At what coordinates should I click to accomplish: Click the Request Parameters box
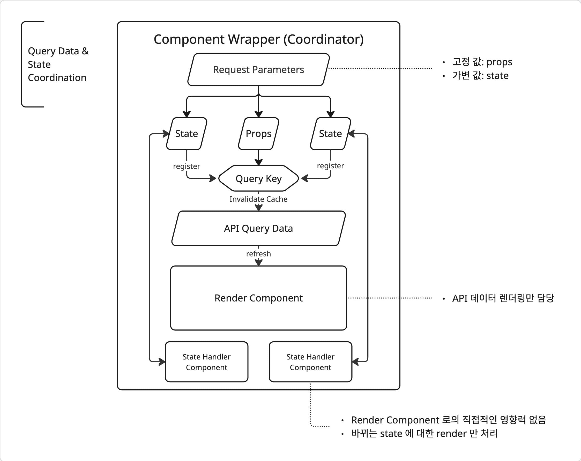coord(258,70)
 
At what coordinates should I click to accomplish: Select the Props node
coord(258,134)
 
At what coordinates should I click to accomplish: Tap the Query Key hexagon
coord(258,179)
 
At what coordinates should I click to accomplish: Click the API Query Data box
coord(258,228)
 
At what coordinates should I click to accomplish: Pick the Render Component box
coord(258,298)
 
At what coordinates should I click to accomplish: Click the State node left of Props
coord(187,134)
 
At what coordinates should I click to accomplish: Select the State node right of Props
coord(330,134)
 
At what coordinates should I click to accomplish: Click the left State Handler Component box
coord(206,362)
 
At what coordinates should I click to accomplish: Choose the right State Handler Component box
coord(310,362)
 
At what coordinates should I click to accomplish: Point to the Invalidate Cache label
coord(258,199)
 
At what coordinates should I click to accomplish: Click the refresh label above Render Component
coord(258,254)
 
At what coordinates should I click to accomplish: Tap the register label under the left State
coord(187,166)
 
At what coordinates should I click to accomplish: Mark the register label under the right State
coord(330,166)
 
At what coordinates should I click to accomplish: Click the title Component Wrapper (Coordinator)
coord(258,39)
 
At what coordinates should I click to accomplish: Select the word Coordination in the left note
coord(57,78)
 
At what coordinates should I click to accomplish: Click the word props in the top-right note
coord(499,62)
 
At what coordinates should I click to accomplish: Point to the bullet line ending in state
coord(480,76)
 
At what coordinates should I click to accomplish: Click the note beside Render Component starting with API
coord(503,298)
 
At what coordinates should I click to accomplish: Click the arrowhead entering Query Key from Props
coord(258,163)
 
